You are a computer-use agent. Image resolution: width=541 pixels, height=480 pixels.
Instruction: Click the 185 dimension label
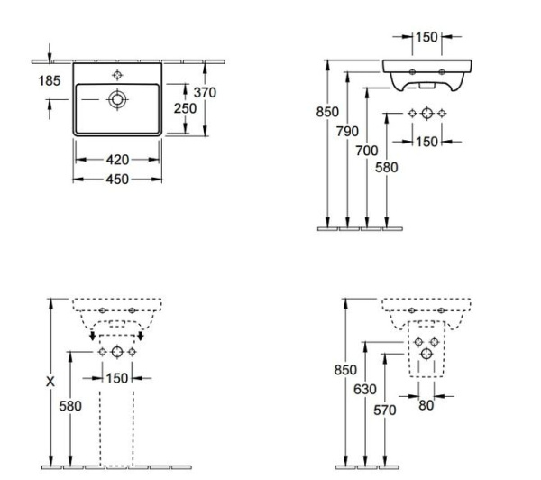(x=50, y=81)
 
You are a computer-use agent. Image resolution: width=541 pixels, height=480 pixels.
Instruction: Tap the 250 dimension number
(x=185, y=107)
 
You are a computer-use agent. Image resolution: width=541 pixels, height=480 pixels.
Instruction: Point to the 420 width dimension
(x=117, y=160)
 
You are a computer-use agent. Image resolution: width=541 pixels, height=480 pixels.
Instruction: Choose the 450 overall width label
(x=117, y=179)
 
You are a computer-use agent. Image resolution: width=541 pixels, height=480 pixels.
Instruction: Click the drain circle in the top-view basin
(x=117, y=99)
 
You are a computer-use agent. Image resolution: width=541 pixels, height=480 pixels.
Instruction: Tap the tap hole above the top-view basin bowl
(x=117, y=72)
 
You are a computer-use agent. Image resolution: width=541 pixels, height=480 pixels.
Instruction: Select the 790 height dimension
(x=347, y=132)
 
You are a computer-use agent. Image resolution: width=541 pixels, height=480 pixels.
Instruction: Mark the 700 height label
(x=366, y=151)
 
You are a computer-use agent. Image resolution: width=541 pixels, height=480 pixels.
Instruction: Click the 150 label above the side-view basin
(x=426, y=37)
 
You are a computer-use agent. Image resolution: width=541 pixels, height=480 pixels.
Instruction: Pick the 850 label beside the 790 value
(x=326, y=113)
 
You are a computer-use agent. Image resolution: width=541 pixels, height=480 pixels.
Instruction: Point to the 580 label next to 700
(x=386, y=166)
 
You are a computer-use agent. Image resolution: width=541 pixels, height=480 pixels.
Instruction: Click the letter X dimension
(x=50, y=382)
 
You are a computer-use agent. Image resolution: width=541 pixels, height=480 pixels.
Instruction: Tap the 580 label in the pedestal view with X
(x=70, y=406)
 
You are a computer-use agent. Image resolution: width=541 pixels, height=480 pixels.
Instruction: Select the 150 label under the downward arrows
(x=117, y=378)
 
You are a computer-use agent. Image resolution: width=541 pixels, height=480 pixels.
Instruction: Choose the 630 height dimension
(x=363, y=389)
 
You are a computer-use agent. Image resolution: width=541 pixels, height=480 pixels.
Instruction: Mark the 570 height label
(x=384, y=411)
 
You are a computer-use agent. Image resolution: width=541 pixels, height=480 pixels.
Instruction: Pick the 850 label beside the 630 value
(x=345, y=370)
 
